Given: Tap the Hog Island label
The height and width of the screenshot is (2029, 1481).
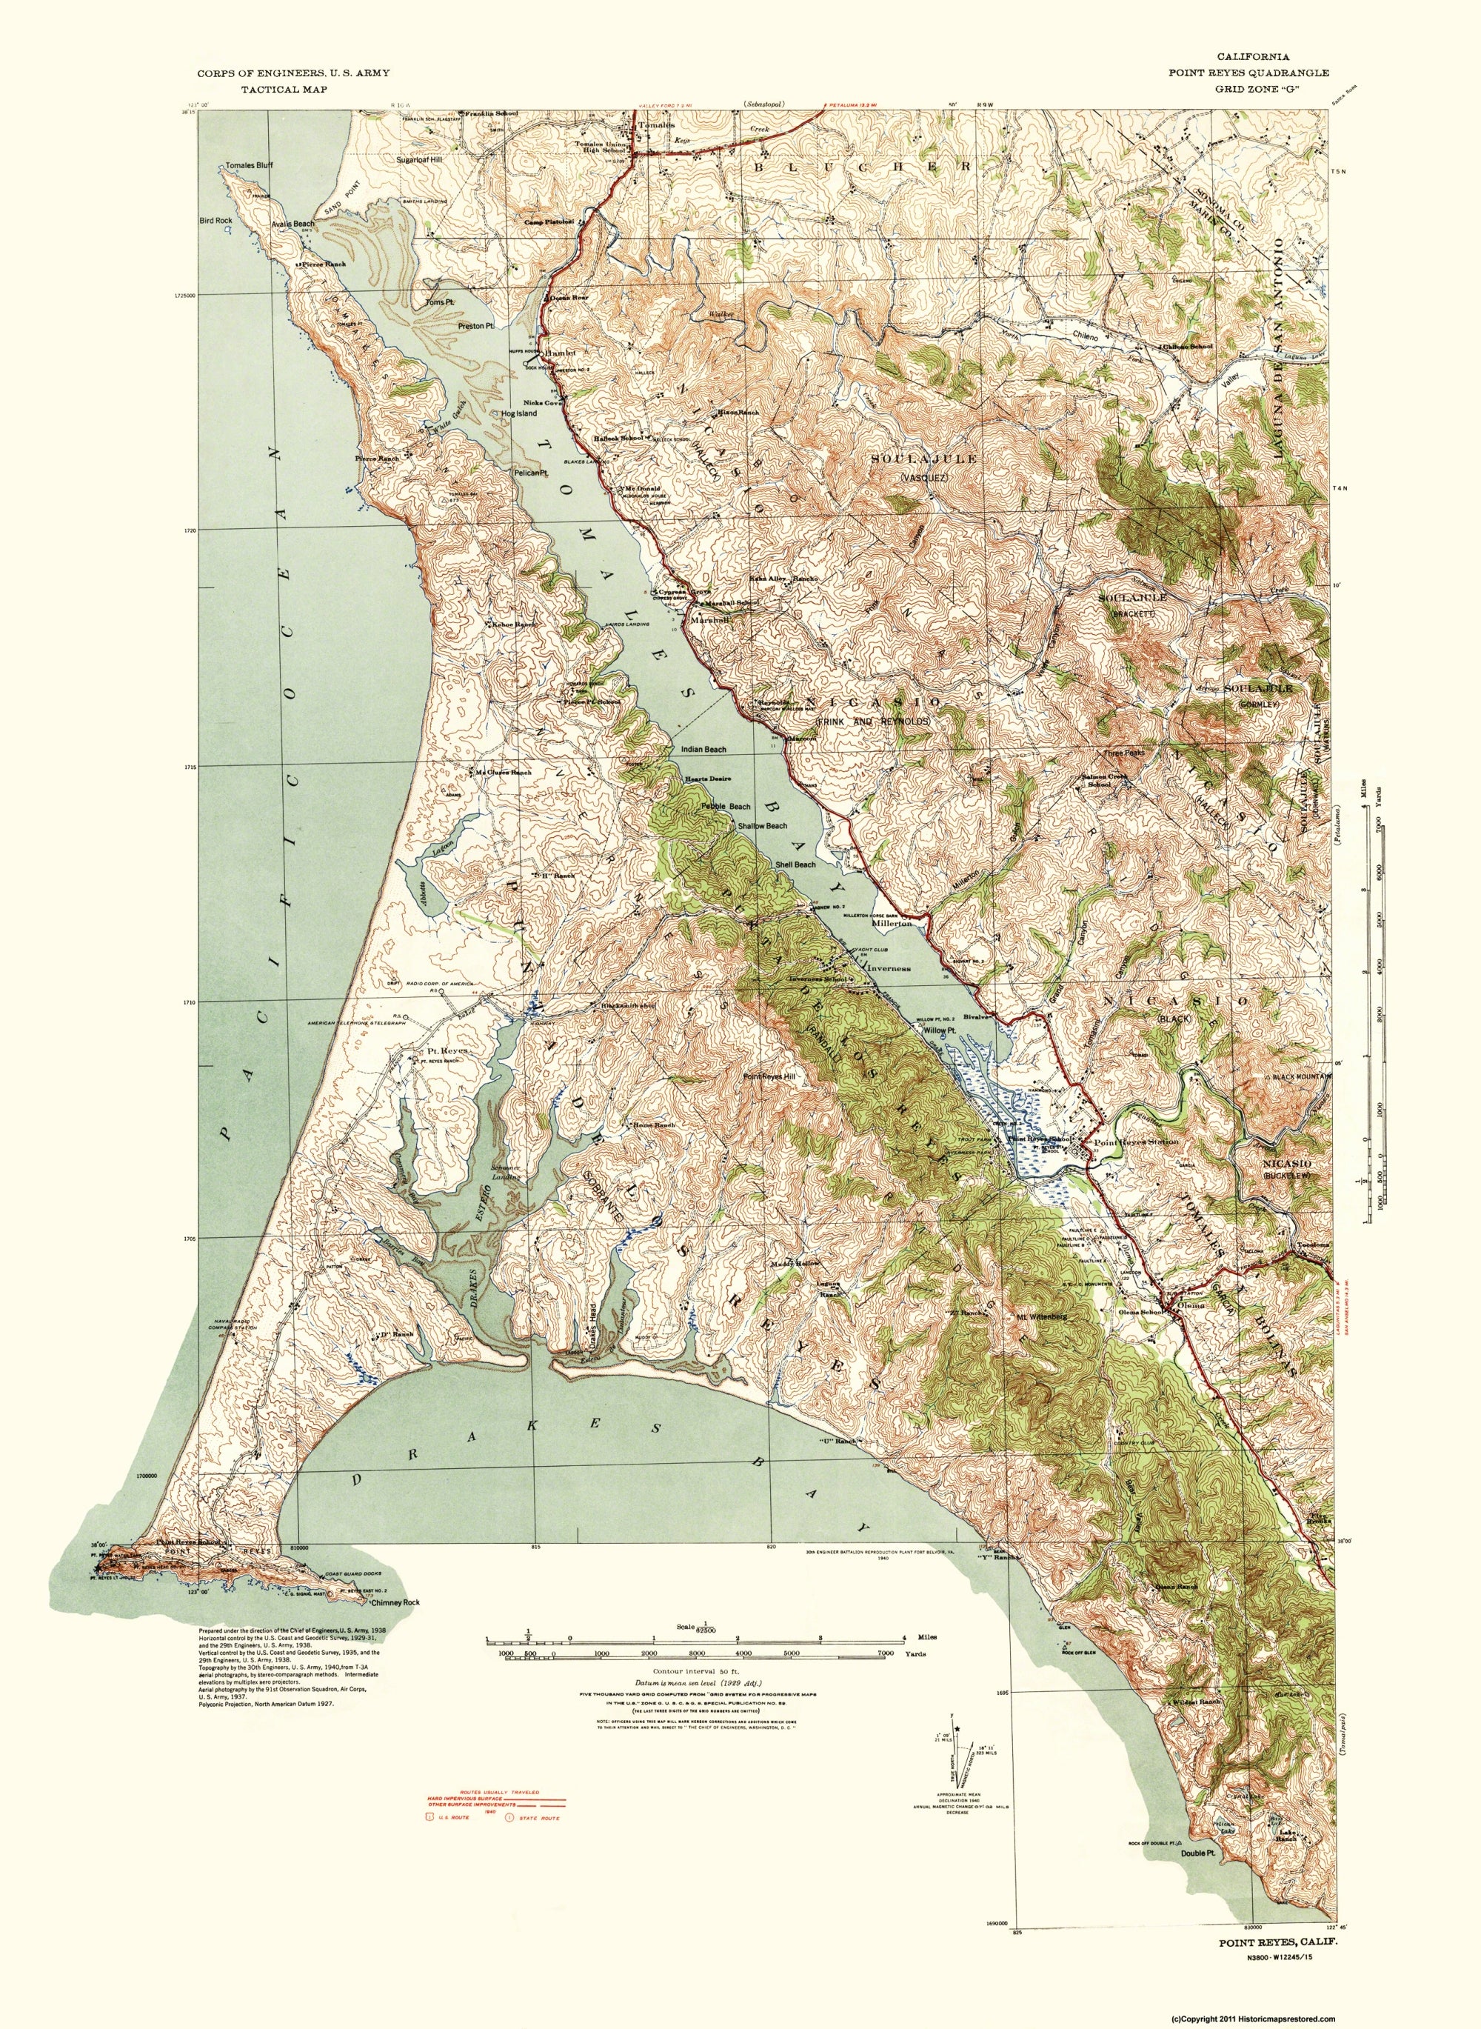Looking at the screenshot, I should click(x=519, y=414).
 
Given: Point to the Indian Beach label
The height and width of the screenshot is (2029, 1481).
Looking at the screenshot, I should click(x=703, y=749).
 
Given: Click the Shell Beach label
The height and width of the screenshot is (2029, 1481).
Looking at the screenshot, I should click(x=795, y=864).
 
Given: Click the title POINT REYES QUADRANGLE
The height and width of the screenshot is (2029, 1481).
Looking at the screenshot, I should click(x=1248, y=73).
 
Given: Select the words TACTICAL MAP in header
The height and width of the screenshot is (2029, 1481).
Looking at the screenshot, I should click(x=284, y=90).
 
